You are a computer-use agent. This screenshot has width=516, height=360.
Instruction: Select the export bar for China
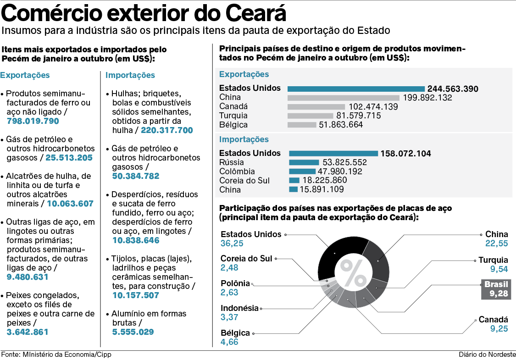[x=344, y=98]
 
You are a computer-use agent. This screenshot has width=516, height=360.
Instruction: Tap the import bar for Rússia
[x=304, y=162]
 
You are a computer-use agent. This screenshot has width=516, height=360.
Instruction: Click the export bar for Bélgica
[x=302, y=125]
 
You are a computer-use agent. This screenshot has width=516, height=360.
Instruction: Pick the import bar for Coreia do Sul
[x=294, y=181]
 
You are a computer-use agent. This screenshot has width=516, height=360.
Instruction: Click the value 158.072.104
[x=406, y=154]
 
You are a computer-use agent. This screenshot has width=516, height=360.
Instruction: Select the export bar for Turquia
[x=311, y=116]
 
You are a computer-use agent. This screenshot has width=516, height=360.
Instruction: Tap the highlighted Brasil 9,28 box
[x=496, y=289]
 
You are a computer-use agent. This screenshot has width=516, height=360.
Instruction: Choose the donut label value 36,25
[x=232, y=244]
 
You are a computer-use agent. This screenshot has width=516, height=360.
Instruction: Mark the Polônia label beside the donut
[x=235, y=283]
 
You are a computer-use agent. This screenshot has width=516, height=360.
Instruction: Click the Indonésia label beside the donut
[x=239, y=308]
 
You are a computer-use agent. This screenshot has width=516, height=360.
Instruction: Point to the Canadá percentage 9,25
[x=499, y=329]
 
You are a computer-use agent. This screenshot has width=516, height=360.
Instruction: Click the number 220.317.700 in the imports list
[x=167, y=130]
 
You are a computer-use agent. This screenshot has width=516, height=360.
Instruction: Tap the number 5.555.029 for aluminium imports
[x=133, y=332]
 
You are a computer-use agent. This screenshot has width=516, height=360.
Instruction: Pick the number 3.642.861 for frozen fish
[x=28, y=332]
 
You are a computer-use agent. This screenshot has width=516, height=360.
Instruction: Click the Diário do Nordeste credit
[x=487, y=355]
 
